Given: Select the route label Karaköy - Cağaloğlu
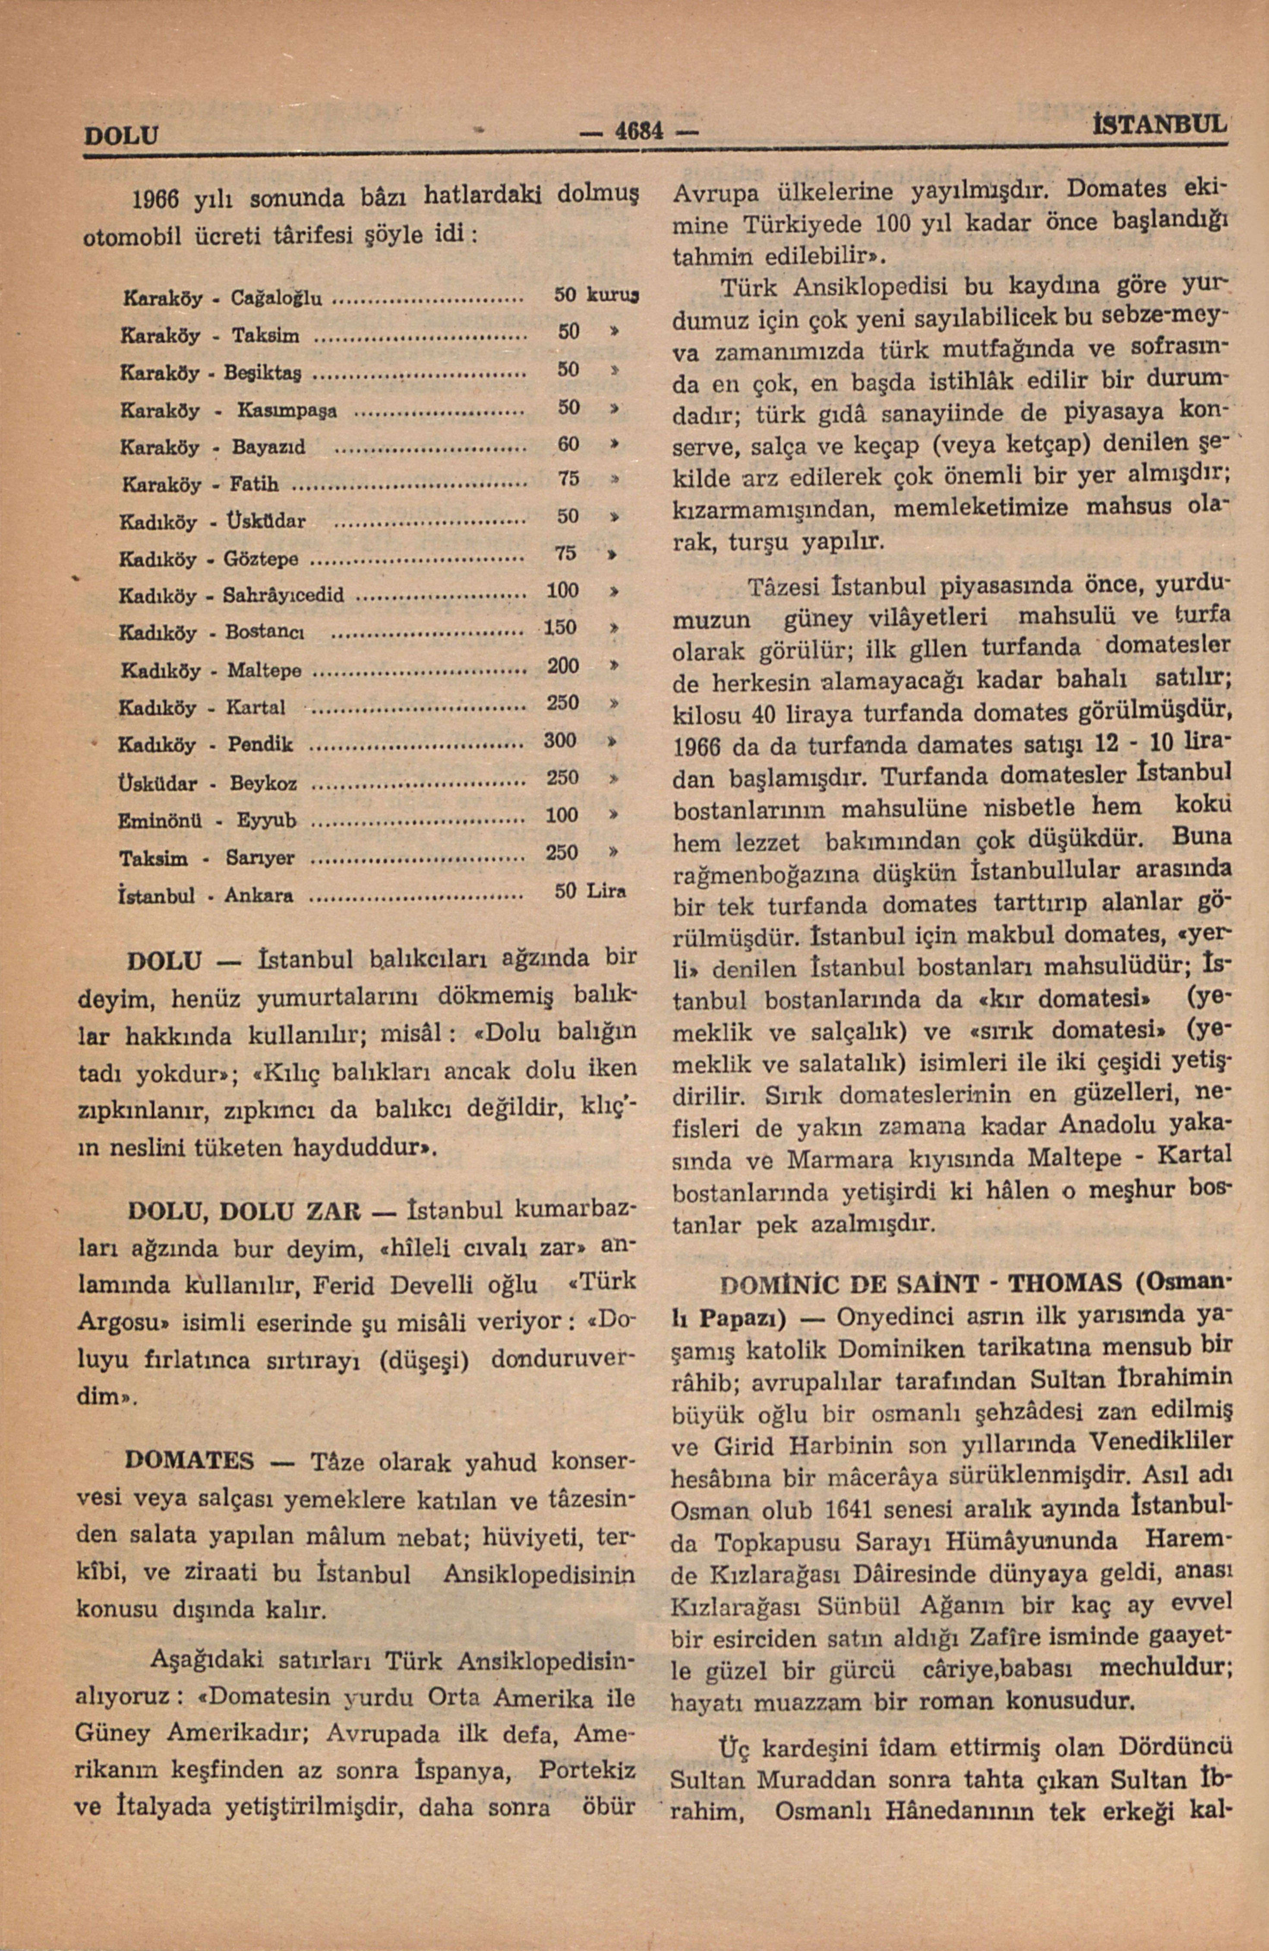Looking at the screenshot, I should (x=221, y=297).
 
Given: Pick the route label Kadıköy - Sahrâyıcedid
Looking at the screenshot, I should (x=232, y=594).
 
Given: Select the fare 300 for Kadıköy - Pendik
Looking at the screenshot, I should (x=562, y=740).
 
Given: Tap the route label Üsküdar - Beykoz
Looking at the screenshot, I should (x=208, y=783).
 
